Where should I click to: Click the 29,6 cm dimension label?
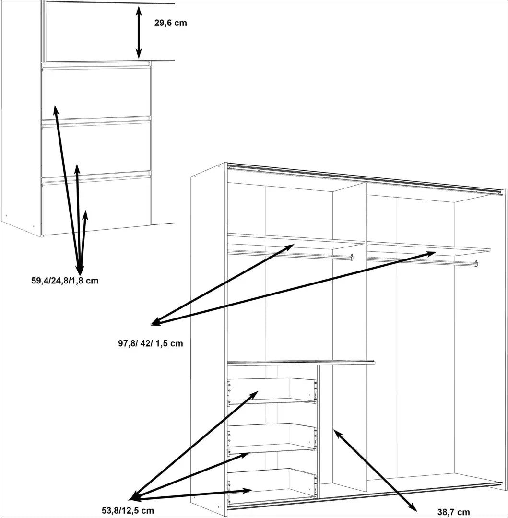(170, 23)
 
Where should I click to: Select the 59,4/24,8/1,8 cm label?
(65, 281)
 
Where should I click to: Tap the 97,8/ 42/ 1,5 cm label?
(150, 343)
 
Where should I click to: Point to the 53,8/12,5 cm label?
(128, 510)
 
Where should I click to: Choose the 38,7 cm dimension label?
(453, 512)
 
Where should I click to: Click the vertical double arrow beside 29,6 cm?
(139, 32)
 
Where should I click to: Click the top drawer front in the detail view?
(96, 93)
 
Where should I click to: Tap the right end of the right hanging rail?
(476, 263)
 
